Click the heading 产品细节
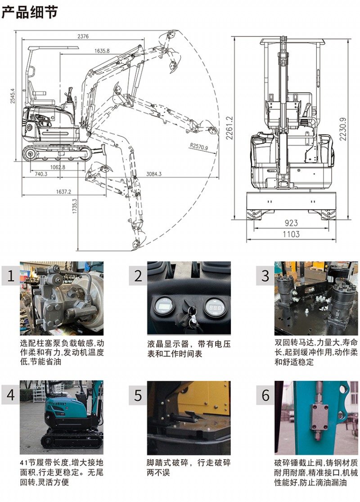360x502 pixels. (30, 12)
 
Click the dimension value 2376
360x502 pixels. (83, 36)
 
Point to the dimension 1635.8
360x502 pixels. (102, 51)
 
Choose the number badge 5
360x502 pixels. (138, 395)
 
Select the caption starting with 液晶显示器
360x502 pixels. (189, 349)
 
